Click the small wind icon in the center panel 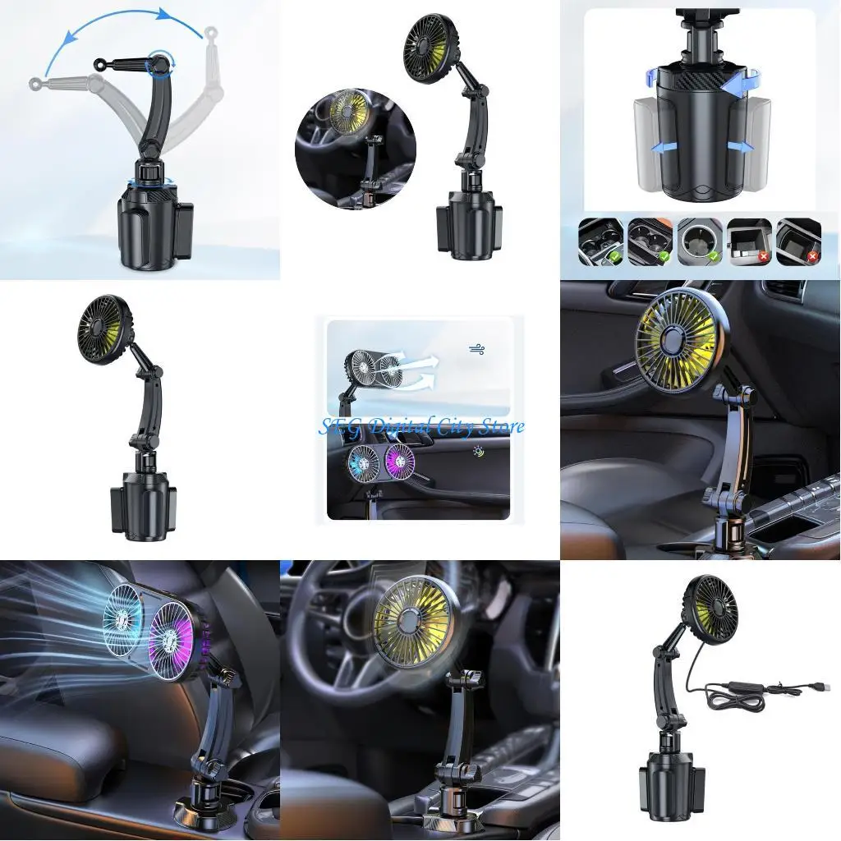click(x=476, y=349)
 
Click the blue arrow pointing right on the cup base click(x=739, y=147)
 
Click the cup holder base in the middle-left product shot click(x=143, y=502)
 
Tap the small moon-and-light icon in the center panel click(x=477, y=453)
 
